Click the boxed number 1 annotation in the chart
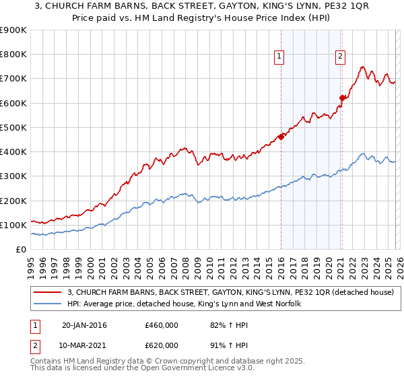(279, 57)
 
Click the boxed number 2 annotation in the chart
(341, 57)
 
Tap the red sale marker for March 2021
(342, 98)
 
